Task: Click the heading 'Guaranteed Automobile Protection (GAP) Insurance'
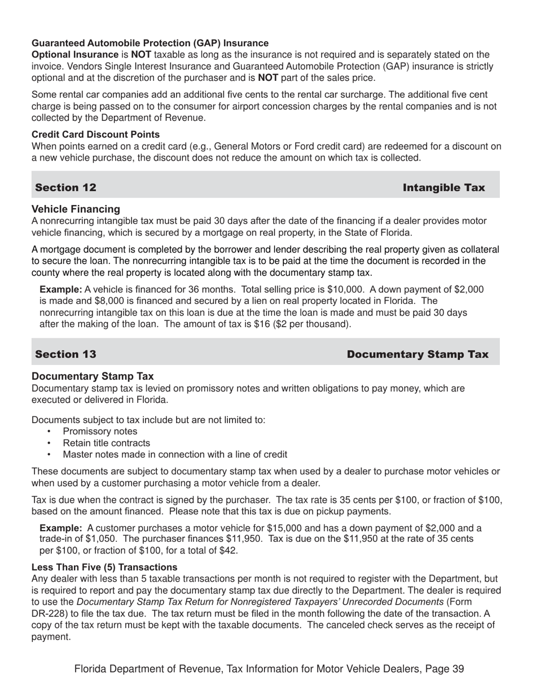tap(150, 43)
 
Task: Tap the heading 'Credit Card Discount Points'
tap(95, 134)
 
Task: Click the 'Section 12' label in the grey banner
tap(65, 188)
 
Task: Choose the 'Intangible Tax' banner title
tap(443, 188)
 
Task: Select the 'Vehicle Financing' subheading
tap(76, 209)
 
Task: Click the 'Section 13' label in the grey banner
tap(65, 354)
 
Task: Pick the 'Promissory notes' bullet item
tap(100, 432)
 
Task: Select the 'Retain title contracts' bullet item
tap(107, 443)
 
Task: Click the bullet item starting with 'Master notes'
tap(175, 454)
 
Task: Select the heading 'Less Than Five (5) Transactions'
tap(104, 567)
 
